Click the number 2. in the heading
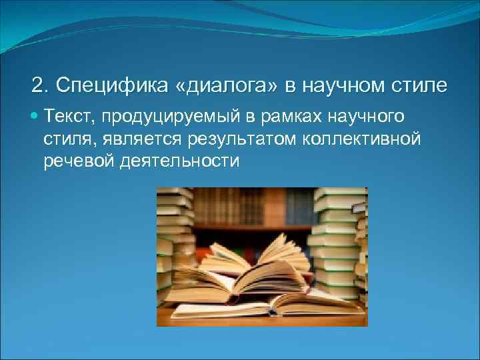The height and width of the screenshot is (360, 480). [40, 86]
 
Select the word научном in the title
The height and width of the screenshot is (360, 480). [335, 86]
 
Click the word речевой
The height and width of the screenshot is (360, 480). [75, 161]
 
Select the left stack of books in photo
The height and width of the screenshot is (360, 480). [175, 240]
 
